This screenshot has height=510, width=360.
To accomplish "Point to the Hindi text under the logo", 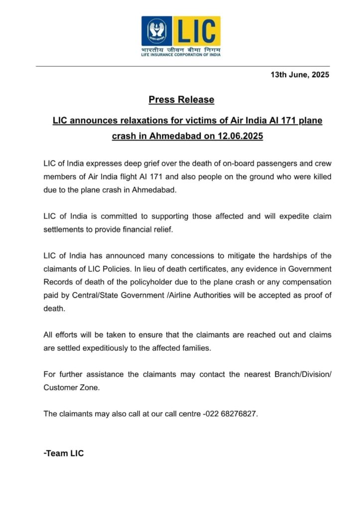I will click(x=181, y=50).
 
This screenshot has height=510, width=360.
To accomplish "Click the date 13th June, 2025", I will click(x=300, y=75).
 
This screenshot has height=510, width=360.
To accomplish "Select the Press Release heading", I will click(x=181, y=100).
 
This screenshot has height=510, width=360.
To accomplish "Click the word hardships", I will click(x=290, y=256).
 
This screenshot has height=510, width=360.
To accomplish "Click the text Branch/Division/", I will click(x=303, y=374).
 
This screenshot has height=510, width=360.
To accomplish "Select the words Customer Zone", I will click(x=71, y=387).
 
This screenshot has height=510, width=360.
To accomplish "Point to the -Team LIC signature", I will click(x=64, y=453).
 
